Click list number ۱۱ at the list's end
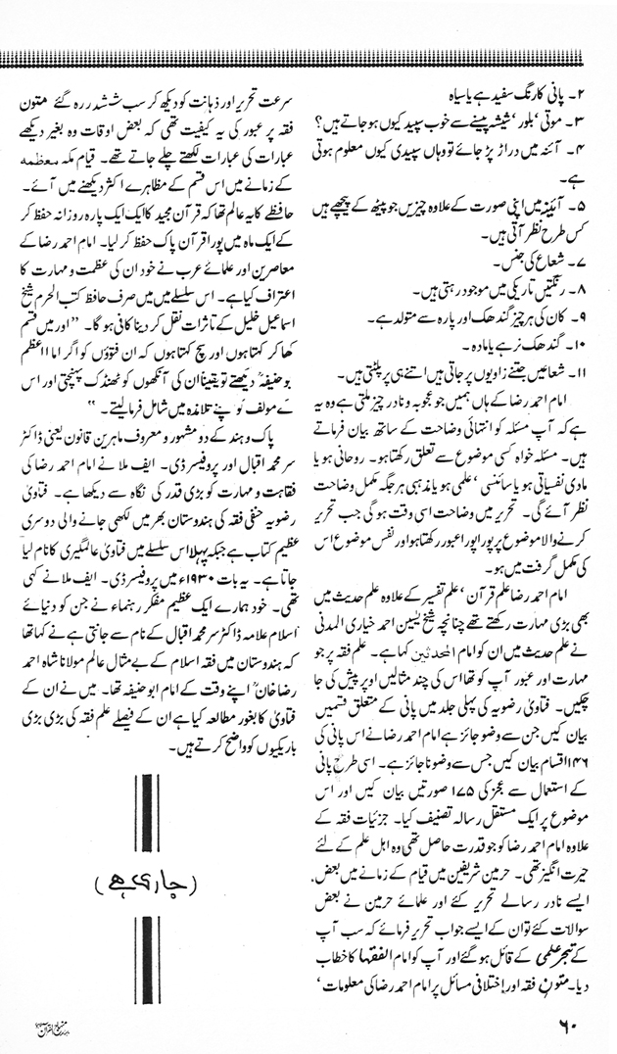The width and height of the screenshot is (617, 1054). [x=578, y=376]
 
